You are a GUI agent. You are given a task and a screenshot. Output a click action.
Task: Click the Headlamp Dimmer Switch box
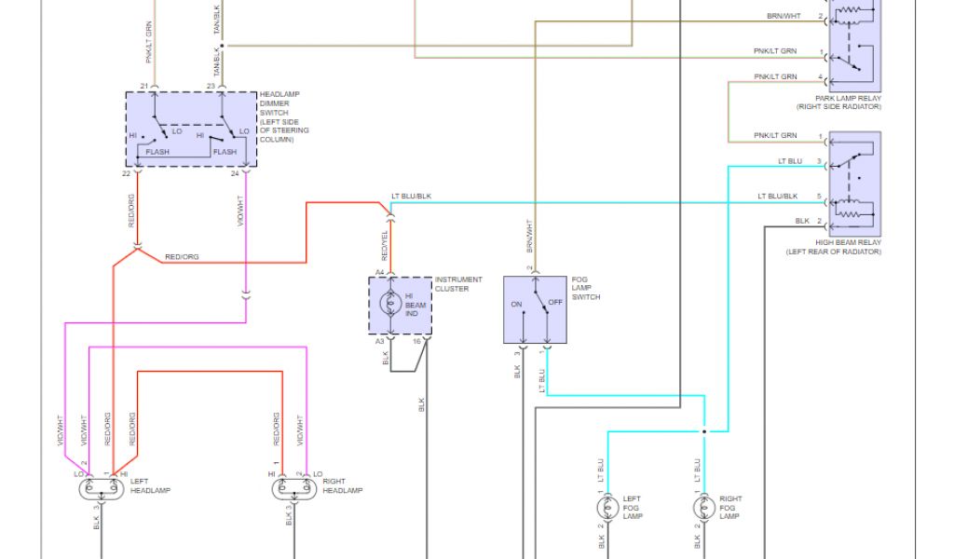[x=191, y=130]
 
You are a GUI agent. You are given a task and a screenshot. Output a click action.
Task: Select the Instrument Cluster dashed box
[x=400, y=305]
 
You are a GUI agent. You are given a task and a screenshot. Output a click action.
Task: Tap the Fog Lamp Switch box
[x=536, y=309]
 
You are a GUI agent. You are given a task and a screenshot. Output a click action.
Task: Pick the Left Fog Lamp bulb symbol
[x=608, y=509]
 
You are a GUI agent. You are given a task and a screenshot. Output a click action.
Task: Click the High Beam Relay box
[x=855, y=182]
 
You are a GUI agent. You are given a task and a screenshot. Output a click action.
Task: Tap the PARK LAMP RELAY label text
[x=848, y=98]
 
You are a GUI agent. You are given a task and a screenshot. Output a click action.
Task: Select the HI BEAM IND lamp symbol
[x=393, y=304]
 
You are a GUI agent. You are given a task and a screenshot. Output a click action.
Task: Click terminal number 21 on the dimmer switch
[x=144, y=86]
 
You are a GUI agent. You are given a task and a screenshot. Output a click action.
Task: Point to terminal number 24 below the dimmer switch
[x=235, y=173]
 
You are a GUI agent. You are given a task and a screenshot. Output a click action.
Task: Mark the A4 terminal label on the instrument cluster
[x=380, y=271]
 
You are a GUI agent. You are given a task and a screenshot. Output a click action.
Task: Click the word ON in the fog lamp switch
[x=516, y=304]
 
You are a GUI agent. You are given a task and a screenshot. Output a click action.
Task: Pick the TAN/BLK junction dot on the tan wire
[x=225, y=45]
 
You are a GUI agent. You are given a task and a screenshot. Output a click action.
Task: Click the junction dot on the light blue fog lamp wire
[x=704, y=431]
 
